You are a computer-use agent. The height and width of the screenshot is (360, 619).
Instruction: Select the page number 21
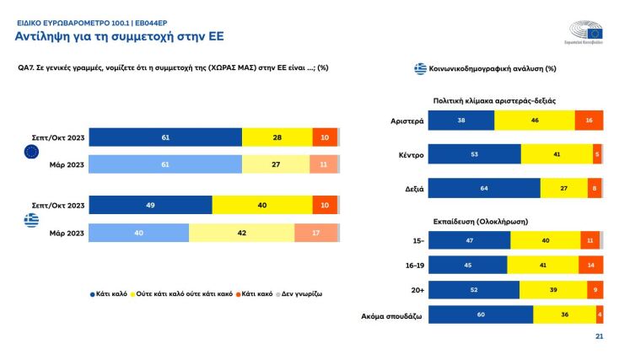tap(600, 337)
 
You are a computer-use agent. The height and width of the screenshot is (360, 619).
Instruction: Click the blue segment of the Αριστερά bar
tap(461, 121)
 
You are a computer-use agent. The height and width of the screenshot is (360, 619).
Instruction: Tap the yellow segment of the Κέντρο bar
tap(557, 153)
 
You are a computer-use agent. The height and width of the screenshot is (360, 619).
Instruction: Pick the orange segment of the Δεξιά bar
tap(595, 187)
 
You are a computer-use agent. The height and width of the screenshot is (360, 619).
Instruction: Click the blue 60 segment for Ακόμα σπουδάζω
tap(481, 315)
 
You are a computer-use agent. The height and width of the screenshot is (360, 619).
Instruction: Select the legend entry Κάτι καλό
tap(110, 294)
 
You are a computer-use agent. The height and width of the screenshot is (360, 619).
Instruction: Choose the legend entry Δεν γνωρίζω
tap(301, 294)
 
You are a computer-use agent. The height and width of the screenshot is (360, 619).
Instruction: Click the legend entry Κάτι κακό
tap(258, 294)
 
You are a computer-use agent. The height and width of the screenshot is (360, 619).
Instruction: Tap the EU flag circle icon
tap(31, 152)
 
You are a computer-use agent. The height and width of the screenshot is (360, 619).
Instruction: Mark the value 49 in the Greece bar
tap(150, 205)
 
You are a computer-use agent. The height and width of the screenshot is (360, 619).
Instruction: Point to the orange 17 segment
tap(316, 233)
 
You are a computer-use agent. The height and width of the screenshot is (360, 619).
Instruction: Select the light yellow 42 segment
tap(241, 233)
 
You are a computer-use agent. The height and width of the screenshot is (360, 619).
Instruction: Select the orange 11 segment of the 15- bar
tap(589, 240)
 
